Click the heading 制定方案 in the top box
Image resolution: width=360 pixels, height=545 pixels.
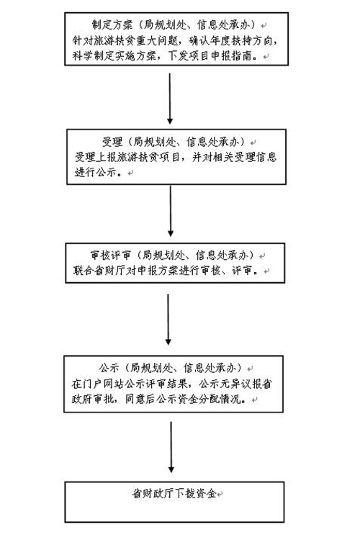[112, 24]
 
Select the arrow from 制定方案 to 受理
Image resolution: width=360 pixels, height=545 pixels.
[170, 99]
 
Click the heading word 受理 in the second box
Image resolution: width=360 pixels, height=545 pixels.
[112, 142]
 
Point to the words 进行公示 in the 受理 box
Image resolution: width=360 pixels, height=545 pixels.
[95, 172]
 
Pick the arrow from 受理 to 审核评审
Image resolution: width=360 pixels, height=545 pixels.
[170, 211]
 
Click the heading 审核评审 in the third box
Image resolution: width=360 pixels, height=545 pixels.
[110, 255]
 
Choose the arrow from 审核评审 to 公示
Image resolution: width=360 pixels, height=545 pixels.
[168, 320]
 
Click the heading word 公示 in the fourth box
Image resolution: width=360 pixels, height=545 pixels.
[109, 368]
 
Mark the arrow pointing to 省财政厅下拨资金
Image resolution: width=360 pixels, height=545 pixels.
[171, 447]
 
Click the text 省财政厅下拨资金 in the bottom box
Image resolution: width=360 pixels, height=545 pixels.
[174, 493]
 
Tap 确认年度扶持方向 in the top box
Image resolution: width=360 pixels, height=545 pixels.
[230, 40]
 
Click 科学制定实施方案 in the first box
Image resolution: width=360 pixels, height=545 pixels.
[114, 55]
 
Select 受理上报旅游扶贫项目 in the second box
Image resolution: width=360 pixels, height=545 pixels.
[127, 157]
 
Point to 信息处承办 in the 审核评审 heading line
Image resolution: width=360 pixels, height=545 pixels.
[222, 255]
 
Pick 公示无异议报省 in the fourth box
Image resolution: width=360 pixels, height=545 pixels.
[235, 384]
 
